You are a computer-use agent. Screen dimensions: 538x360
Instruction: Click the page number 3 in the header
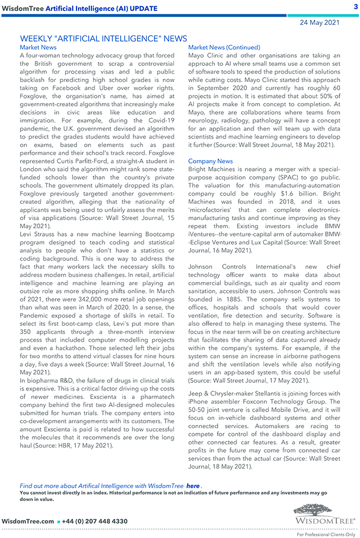[x=355, y=7]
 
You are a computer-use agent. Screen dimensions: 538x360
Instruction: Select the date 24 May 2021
[x=320, y=23]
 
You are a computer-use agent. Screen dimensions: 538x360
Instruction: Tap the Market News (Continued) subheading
[x=224, y=48]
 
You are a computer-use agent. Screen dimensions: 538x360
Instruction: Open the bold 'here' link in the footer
[x=193, y=486]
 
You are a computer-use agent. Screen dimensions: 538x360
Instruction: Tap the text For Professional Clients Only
[x=326, y=535]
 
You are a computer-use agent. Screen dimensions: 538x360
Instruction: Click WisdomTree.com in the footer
[x=28, y=521]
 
